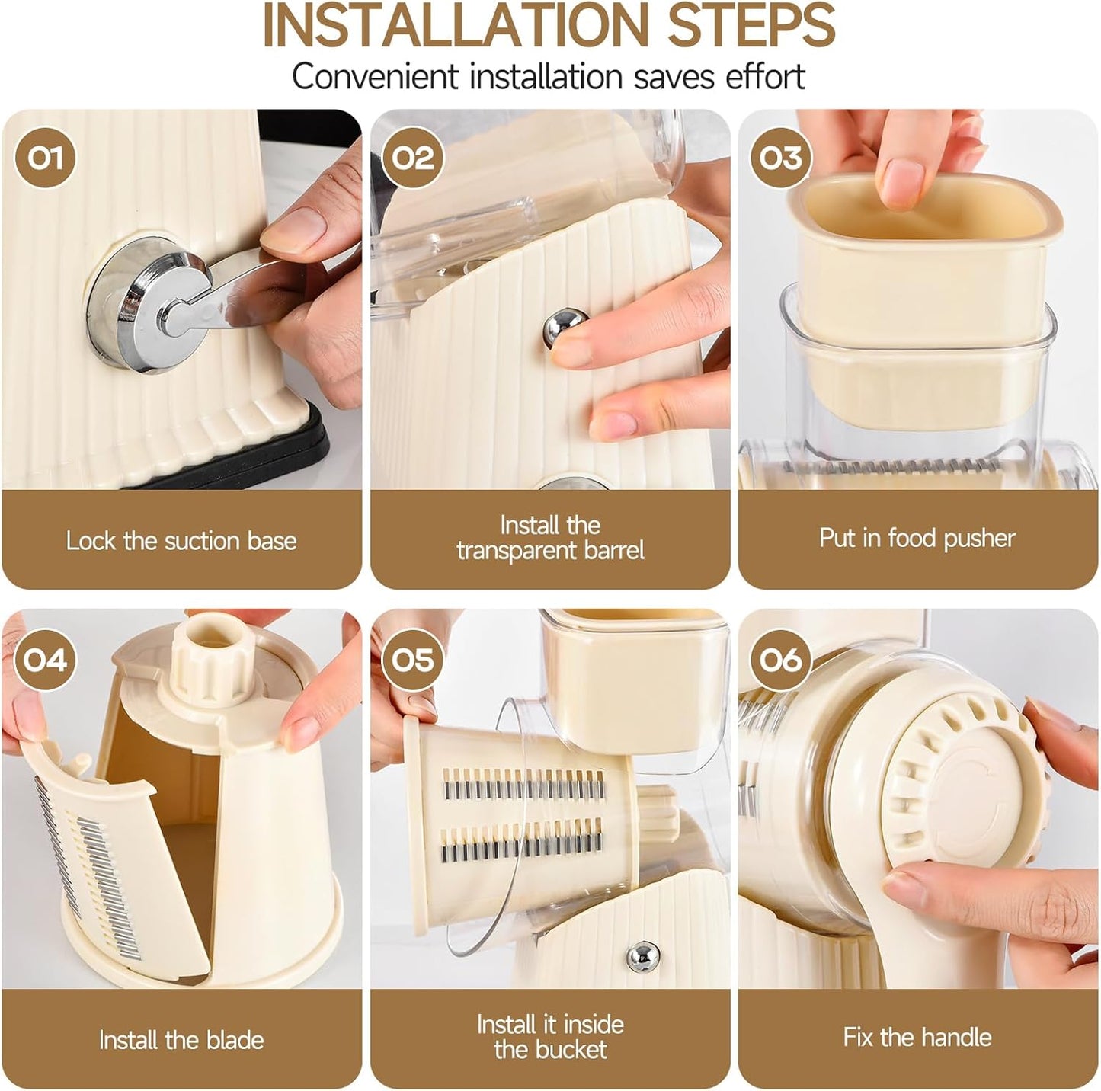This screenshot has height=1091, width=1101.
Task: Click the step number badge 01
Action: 45,158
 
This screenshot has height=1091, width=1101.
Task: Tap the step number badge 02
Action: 412,158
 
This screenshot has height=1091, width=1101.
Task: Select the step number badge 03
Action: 780,158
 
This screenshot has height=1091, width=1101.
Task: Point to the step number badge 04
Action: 45,660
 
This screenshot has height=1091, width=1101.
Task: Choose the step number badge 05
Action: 412,660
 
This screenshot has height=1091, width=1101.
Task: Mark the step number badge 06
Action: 780,660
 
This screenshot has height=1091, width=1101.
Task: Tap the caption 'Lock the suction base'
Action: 181,541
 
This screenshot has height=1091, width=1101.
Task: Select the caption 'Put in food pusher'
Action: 917,539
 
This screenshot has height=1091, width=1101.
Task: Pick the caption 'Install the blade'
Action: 181,1040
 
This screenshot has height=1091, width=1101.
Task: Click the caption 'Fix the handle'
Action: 917,1037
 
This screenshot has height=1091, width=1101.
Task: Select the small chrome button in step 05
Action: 642,955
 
